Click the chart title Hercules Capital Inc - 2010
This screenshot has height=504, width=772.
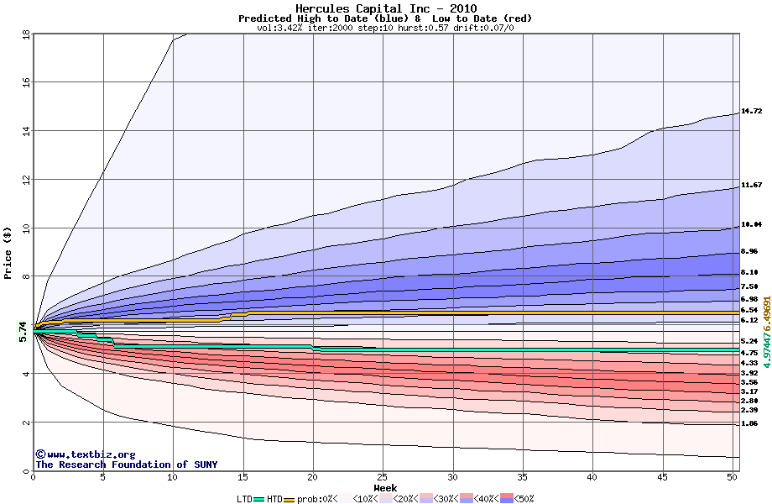click(385, 8)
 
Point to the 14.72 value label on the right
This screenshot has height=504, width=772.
click(751, 111)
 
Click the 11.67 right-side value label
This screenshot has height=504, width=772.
click(751, 185)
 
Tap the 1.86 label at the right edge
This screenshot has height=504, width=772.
click(751, 424)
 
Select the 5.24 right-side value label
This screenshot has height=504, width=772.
click(751, 342)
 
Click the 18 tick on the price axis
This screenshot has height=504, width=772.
click(25, 34)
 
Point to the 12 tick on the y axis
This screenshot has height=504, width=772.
click(25, 180)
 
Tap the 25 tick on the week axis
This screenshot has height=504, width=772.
click(383, 477)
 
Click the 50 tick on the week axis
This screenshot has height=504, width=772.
click(732, 477)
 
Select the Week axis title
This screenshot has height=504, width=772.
click(385, 487)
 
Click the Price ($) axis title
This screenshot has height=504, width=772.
click(8, 252)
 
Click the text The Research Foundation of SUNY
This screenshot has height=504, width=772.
click(112, 465)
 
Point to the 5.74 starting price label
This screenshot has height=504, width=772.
click(23, 332)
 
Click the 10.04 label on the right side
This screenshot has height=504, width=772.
click(751, 225)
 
